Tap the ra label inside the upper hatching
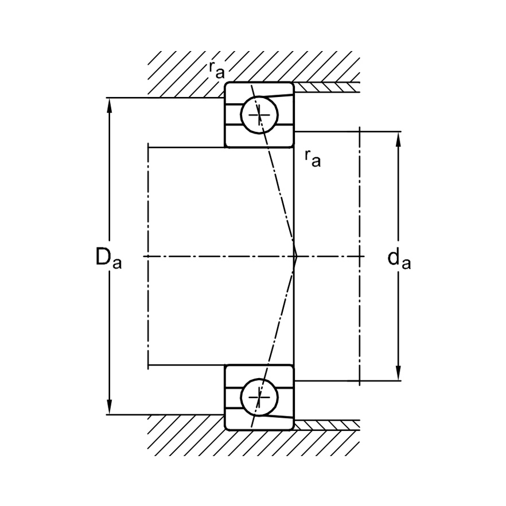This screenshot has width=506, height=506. click(x=216, y=70)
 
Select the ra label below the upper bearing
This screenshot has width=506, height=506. click(x=313, y=157)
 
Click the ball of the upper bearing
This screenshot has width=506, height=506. click(x=259, y=115)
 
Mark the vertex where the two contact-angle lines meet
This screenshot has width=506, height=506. click(x=296, y=256)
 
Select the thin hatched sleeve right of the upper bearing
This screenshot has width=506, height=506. click(x=327, y=87)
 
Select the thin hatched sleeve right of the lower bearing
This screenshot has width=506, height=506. click(x=327, y=425)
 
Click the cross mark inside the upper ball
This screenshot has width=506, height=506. click(x=259, y=115)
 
